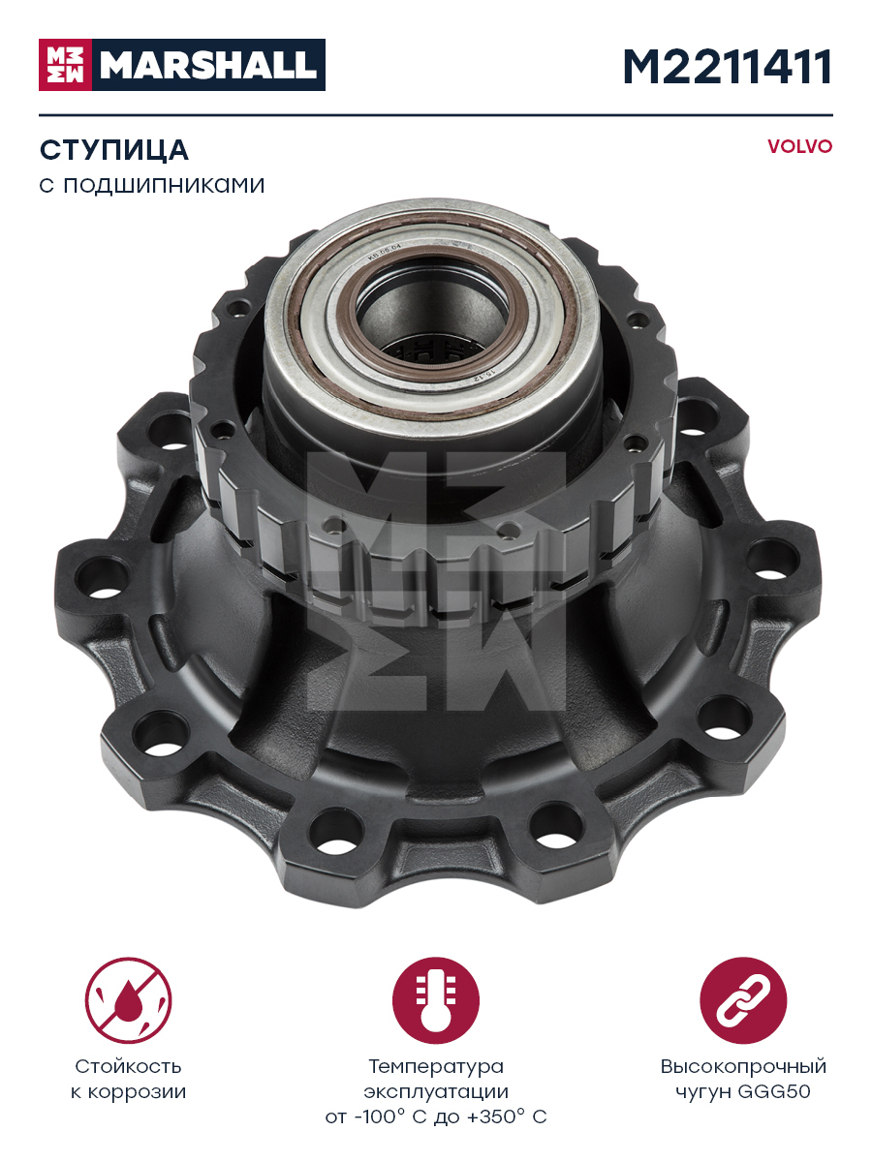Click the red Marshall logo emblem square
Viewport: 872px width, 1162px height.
65,65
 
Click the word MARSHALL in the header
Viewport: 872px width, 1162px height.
208,65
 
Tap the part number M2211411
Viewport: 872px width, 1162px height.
728,67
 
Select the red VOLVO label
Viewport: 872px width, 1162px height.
800,146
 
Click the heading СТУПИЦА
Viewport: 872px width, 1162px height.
113,150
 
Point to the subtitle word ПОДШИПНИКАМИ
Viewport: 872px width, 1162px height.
164,186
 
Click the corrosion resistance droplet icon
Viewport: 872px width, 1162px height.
128,1000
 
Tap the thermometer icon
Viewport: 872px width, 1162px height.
436,1000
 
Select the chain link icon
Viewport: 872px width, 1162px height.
743,1000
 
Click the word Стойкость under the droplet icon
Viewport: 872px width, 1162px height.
128,1067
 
